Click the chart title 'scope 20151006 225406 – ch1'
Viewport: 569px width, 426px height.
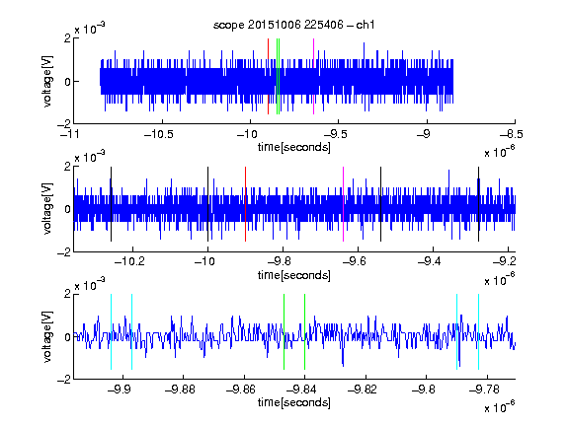click(x=293, y=25)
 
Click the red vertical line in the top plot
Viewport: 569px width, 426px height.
click(x=268, y=77)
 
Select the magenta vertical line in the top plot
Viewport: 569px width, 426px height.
click(x=313, y=77)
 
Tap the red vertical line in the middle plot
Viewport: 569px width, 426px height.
click(x=245, y=204)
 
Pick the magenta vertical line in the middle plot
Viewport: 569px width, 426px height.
click(x=344, y=204)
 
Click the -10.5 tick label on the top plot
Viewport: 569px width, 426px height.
click(x=159, y=134)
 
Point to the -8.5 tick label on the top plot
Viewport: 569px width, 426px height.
click(x=512, y=134)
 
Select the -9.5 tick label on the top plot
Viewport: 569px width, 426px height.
click(x=336, y=134)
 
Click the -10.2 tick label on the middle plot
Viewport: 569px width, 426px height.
click(x=129, y=261)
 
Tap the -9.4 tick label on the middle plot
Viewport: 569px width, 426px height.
click(x=430, y=261)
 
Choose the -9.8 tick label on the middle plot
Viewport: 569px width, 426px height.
click(x=280, y=261)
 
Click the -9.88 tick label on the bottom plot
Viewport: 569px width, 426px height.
click(x=181, y=390)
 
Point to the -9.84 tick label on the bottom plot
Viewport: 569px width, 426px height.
click(x=301, y=390)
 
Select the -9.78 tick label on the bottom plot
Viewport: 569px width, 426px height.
click(x=484, y=390)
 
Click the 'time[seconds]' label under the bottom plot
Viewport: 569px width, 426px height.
click(x=294, y=402)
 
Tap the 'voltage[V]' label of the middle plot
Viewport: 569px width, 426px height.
click(x=47, y=208)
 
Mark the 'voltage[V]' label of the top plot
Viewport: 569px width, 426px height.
click(x=47, y=81)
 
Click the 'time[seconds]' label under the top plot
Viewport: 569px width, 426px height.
click(x=294, y=147)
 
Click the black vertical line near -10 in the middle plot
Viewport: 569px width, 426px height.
click(x=207, y=204)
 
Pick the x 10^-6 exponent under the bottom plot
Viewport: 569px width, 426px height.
click(x=499, y=407)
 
